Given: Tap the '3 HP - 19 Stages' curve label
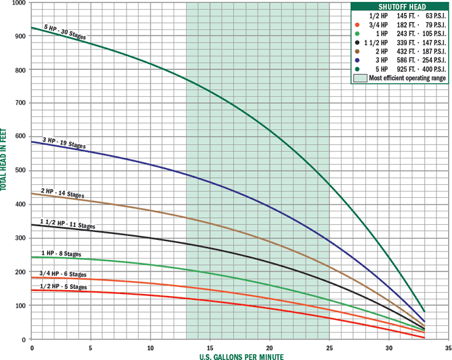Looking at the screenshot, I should click(65, 143).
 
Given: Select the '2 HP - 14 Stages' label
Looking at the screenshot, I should click(63, 194).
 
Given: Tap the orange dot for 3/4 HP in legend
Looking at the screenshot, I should click(356, 24).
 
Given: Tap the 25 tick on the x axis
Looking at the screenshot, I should click(329, 346).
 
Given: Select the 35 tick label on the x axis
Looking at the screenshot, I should click(447, 346).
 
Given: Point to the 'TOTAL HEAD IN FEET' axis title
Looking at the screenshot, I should click(5, 158).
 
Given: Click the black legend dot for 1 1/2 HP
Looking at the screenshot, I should click(356, 42).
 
